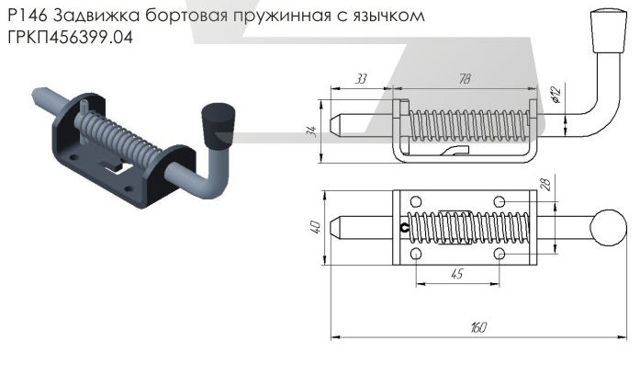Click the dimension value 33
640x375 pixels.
click(x=360, y=80)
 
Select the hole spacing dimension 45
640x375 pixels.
click(x=456, y=273)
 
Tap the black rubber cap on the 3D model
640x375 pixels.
click(x=219, y=127)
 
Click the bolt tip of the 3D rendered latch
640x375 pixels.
click(x=41, y=94)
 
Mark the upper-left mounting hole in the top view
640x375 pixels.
click(x=416, y=202)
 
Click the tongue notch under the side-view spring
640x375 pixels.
click(x=454, y=150)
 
